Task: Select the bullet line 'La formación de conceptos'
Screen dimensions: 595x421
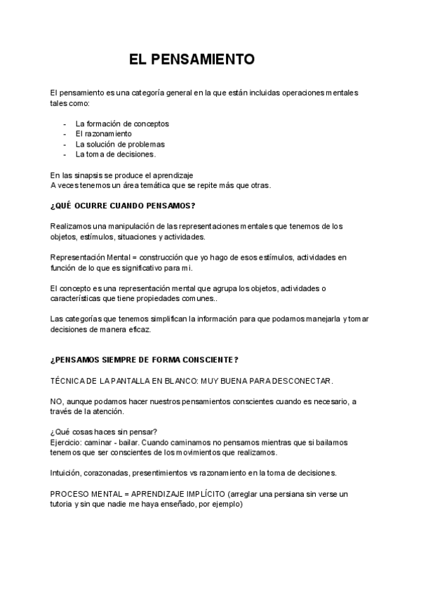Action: (122, 123)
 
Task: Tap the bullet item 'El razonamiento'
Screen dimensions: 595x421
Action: (103, 133)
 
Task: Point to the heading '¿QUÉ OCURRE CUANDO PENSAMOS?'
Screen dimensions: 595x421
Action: (123, 206)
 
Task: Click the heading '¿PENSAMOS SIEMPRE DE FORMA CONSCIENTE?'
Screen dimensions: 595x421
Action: (144, 360)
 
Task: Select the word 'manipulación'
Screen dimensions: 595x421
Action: (125, 226)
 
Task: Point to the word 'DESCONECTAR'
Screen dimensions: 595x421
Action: (301, 380)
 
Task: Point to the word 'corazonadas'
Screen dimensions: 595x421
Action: (112, 473)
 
